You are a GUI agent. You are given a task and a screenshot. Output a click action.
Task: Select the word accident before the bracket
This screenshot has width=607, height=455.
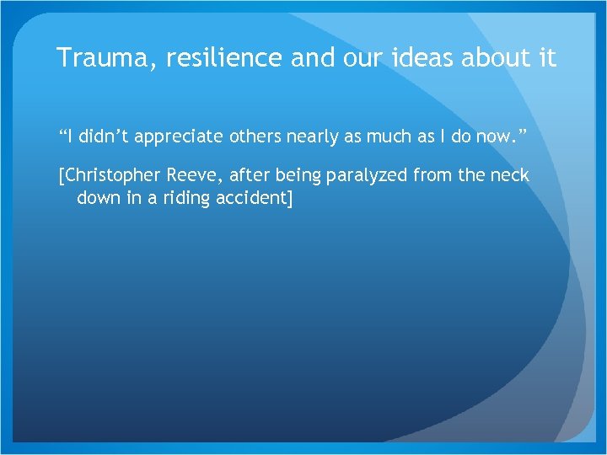tap(250, 198)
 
